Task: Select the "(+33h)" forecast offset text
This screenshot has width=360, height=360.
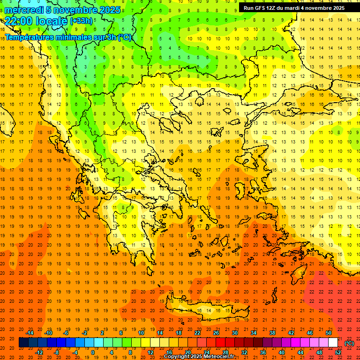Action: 81,21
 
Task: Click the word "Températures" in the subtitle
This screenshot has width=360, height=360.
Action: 29,37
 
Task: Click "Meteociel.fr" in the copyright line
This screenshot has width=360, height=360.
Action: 219,357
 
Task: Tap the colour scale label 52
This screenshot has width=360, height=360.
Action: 338,352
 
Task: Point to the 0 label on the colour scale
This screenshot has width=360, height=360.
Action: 92,352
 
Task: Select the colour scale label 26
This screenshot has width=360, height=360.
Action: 216,332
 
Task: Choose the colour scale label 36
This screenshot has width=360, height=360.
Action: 263,352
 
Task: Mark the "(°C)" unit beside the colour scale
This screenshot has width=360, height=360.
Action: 349,343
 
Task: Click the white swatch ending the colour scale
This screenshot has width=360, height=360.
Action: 333,343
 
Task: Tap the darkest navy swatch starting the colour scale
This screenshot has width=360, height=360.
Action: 23,343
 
